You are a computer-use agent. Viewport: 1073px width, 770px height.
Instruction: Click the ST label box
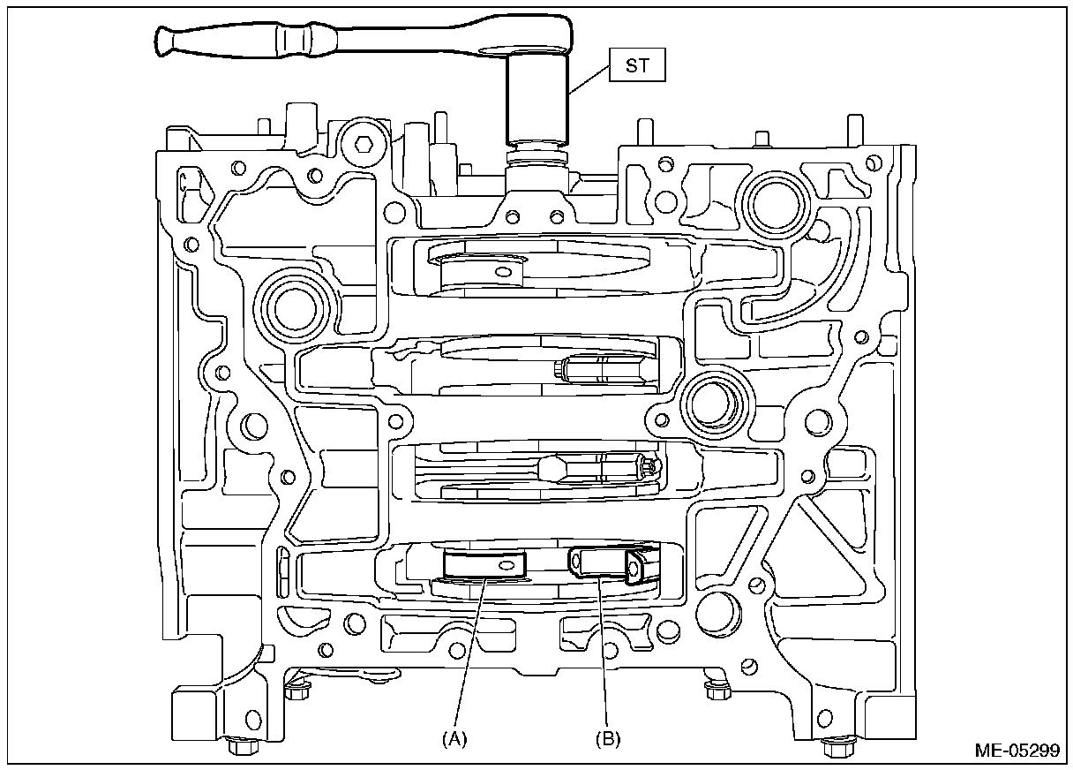pyautogui.click(x=635, y=65)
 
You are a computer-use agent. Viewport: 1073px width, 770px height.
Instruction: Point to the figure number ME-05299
pyautogui.click(x=1017, y=751)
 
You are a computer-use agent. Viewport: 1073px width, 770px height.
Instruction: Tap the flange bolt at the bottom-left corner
pyautogui.click(x=238, y=746)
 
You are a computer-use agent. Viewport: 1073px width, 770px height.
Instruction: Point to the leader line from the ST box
pyautogui.click(x=588, y=79)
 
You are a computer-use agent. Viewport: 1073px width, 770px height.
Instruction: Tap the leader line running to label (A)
pyautogui.click(x=469, y=653)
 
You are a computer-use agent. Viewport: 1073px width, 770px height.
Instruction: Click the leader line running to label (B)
pyautogui.click(x=604, y=653)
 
